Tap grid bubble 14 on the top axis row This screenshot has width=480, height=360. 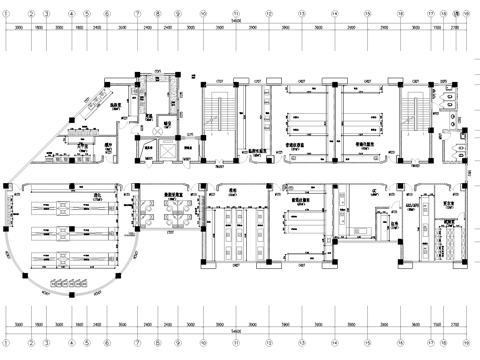pyautogui.click(x=334, y=14)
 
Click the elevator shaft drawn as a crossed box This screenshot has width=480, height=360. pyautogui.click(x=168, y=140)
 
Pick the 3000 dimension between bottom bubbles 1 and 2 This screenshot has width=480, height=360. pyautogui.click(x=20, y=322)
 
